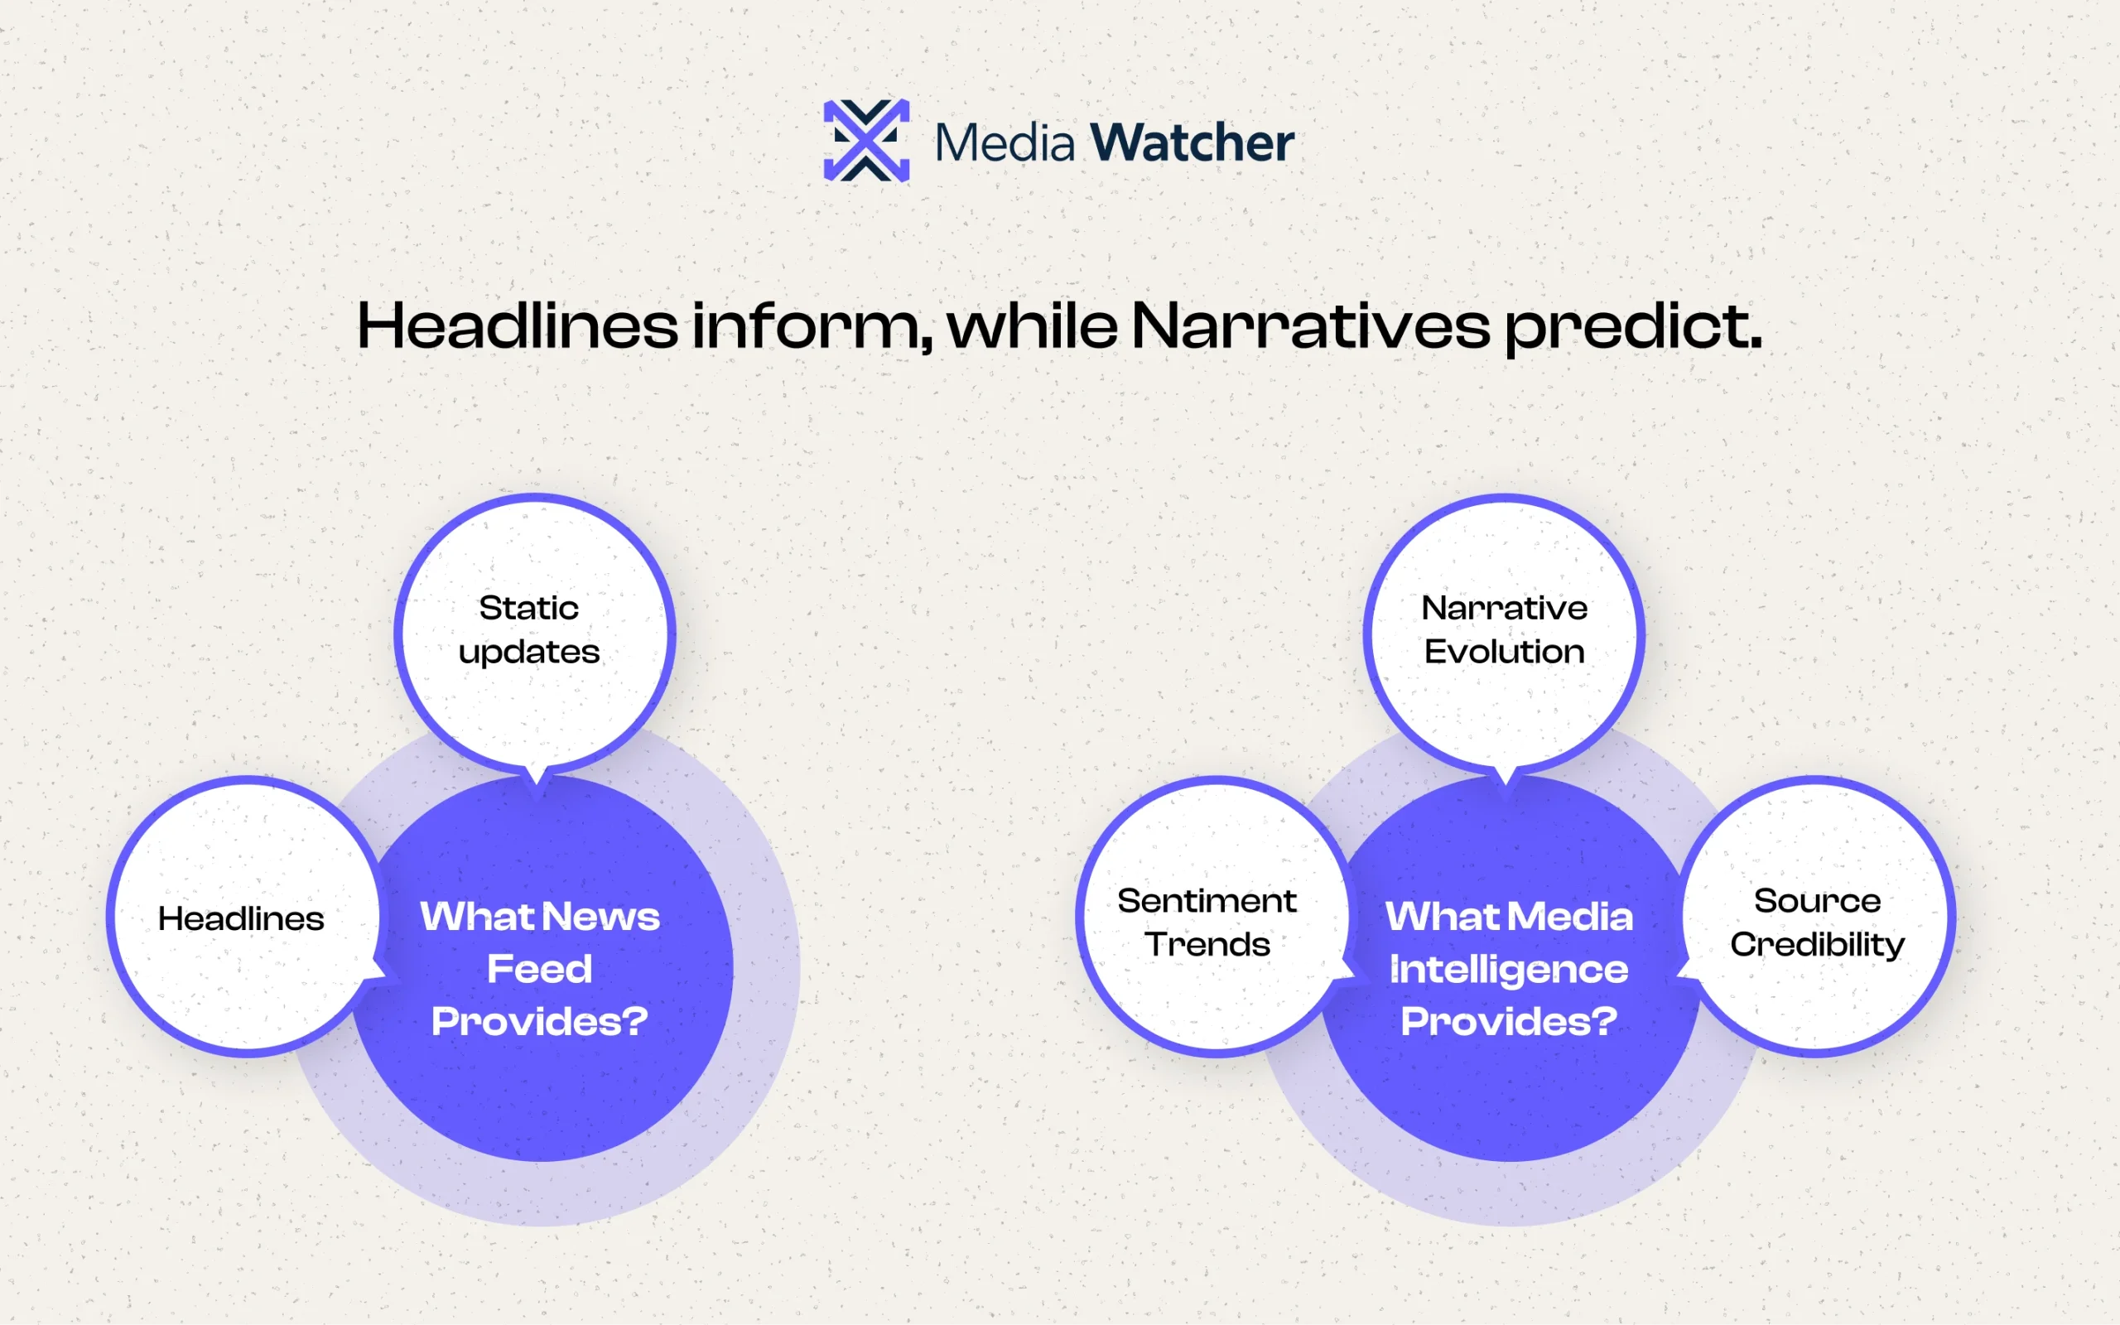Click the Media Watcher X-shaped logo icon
(866, 140)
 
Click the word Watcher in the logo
(1192, 142)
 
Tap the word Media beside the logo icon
(1005, 142)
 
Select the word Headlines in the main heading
(518, 325)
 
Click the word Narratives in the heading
(1311, 325)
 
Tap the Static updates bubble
(534, 633)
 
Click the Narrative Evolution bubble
(1504, 633)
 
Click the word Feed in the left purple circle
(540, 969)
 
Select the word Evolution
(1504, 652)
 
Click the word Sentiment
(1207, 901)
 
